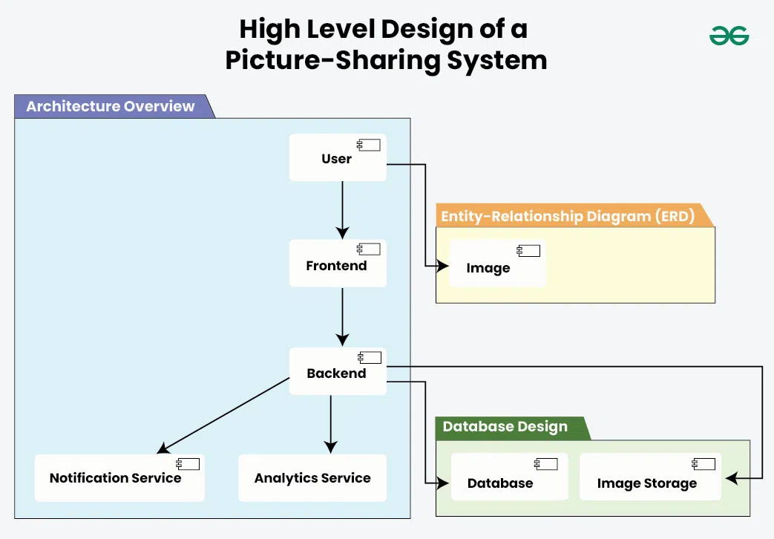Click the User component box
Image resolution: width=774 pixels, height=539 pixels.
(x=338, y=157)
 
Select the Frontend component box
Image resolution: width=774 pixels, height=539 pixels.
(x=338, y=264)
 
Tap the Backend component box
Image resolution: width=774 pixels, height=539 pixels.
(x=338, y=371)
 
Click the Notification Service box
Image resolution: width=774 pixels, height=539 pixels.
(x=119, y=477)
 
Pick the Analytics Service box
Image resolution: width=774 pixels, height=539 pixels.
(x=312, y=477)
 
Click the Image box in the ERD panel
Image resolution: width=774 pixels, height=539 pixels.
(x=497, y=264)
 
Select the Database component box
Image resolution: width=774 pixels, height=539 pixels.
(x=509, y=477)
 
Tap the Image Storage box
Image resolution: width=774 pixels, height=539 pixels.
(x=650, y=477)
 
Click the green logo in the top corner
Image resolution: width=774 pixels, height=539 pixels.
(x=729, y=36)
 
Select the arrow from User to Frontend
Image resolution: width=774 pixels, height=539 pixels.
(x=343, y=210)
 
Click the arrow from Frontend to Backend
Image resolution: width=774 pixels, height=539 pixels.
(x=343, y=317)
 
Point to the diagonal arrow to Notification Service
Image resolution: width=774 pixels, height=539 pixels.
(x=223, y=416)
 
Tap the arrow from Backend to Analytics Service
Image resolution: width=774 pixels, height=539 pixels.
(x=331, y=425)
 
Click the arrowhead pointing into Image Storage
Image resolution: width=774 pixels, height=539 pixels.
(x=732, y=478)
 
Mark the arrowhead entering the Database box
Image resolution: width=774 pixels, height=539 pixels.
(x=443, y=483)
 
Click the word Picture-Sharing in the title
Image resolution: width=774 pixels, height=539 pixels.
(x=332, y=60)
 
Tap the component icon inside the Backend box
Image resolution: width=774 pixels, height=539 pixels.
(x=370, y=357)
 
